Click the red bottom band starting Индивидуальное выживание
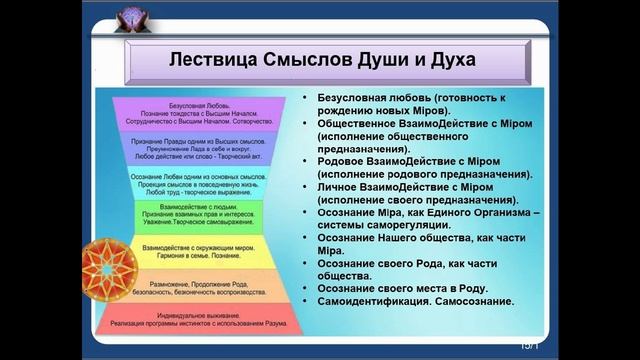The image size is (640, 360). (x=196, y=321)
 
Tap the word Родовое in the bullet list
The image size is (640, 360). (x=345, y=160)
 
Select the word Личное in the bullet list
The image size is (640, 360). (x=342, y=186)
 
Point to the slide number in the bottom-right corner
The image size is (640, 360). (x=529, y=345)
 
